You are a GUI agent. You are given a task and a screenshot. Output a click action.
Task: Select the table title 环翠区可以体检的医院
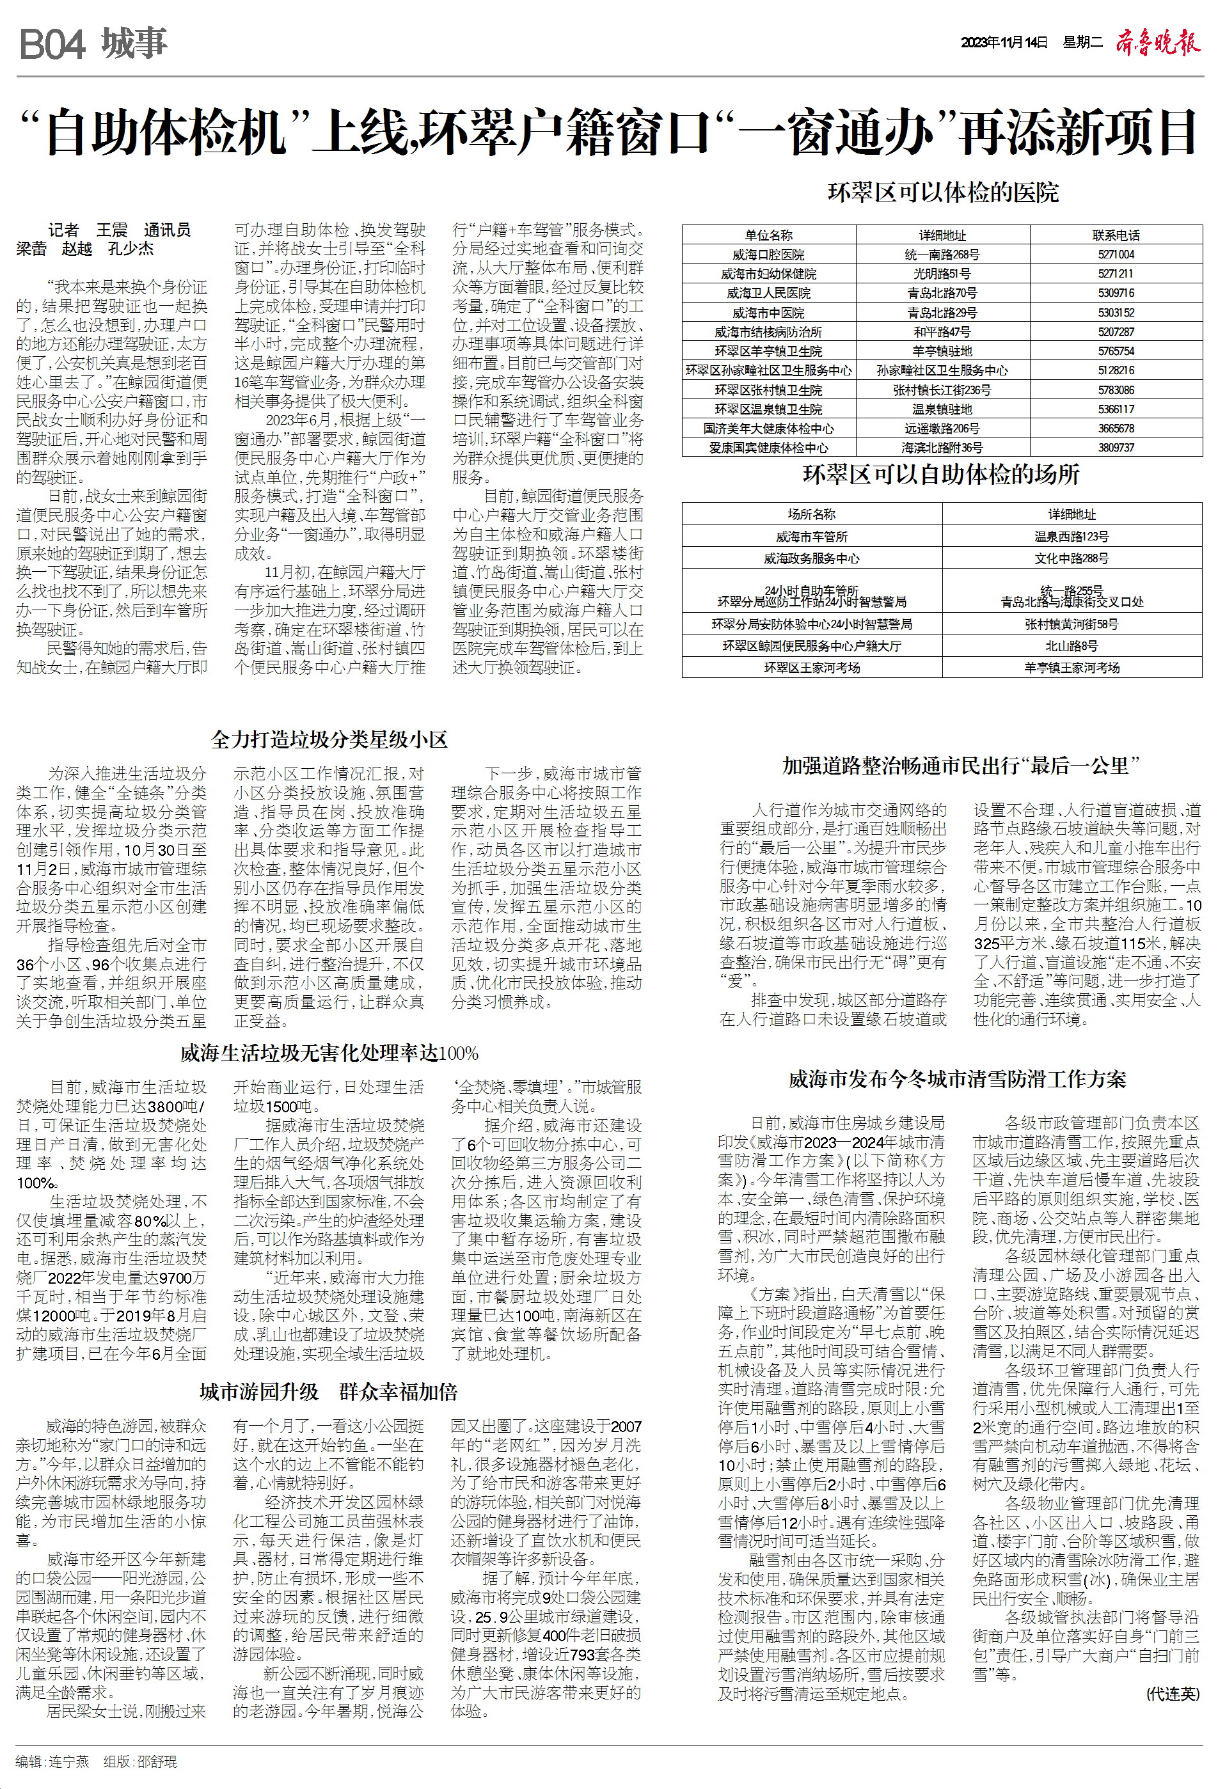[x=943, y=193]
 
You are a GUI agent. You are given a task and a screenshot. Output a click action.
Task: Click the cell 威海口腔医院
[x=768, y=255]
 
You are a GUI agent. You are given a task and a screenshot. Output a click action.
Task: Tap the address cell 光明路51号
[x=942, y=274]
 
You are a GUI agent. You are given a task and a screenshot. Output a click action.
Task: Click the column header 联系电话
[x=1116, y=235]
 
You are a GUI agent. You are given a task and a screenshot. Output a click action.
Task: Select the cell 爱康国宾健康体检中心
[x=768, y=448]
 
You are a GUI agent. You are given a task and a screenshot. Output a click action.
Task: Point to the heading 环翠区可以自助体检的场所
[x=941, y=475]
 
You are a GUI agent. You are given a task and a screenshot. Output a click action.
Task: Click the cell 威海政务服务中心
[x=812, y=558]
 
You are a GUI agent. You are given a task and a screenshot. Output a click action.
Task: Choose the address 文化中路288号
[x=1071, y=558]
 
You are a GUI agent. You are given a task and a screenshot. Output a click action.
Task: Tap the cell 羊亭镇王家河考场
[x=1071, y=667]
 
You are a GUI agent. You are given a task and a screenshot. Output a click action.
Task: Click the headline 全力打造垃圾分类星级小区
[x=329, y=740]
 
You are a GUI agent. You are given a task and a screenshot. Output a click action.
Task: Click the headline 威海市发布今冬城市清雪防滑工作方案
[x=957, y=1079]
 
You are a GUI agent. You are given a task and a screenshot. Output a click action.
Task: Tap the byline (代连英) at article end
[x=1172, y=1694]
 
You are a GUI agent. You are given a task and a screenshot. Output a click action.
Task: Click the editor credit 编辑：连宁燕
[x=53, y=1761]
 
